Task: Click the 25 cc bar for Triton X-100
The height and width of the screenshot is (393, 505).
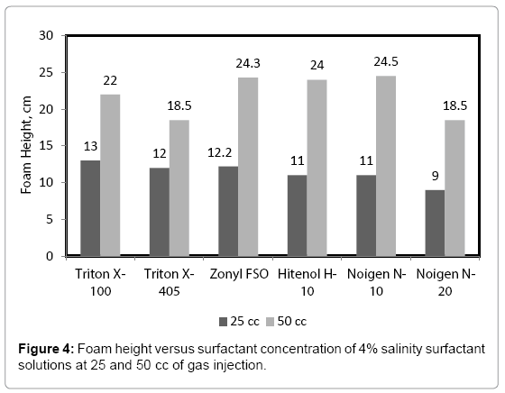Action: point(90,208)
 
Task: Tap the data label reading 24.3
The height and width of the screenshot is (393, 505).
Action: point(248,65)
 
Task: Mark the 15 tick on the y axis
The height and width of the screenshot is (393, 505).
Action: point(46,146)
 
